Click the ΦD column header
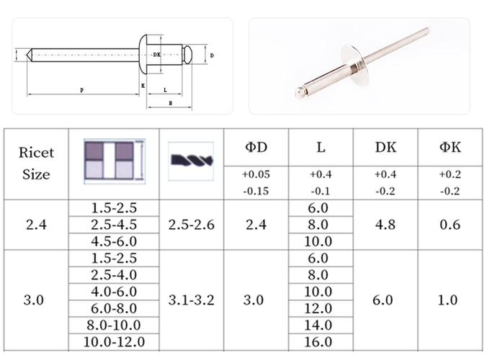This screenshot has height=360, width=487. pyautogui.click(x=256, y=147)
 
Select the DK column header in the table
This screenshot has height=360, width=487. pyautogui.click(x=385, y=147)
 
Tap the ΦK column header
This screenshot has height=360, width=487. pyautogui.click(x=450, y=147)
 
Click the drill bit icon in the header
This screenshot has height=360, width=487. pyautogui.click(x=191, y=161)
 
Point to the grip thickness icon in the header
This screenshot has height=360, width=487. pyautogui.click(x=115, y=161)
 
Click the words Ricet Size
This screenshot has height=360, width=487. pyautogui.click(x=36, y=163)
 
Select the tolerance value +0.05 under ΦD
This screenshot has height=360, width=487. pyautogui.click(x=256, y=174)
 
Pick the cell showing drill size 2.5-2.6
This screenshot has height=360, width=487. pyautogui.click(x=192, y=225)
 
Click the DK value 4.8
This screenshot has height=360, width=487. pyautogui.click(x=385, y=225)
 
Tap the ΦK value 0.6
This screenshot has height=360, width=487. pyautogui.click(x=450, y=225)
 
